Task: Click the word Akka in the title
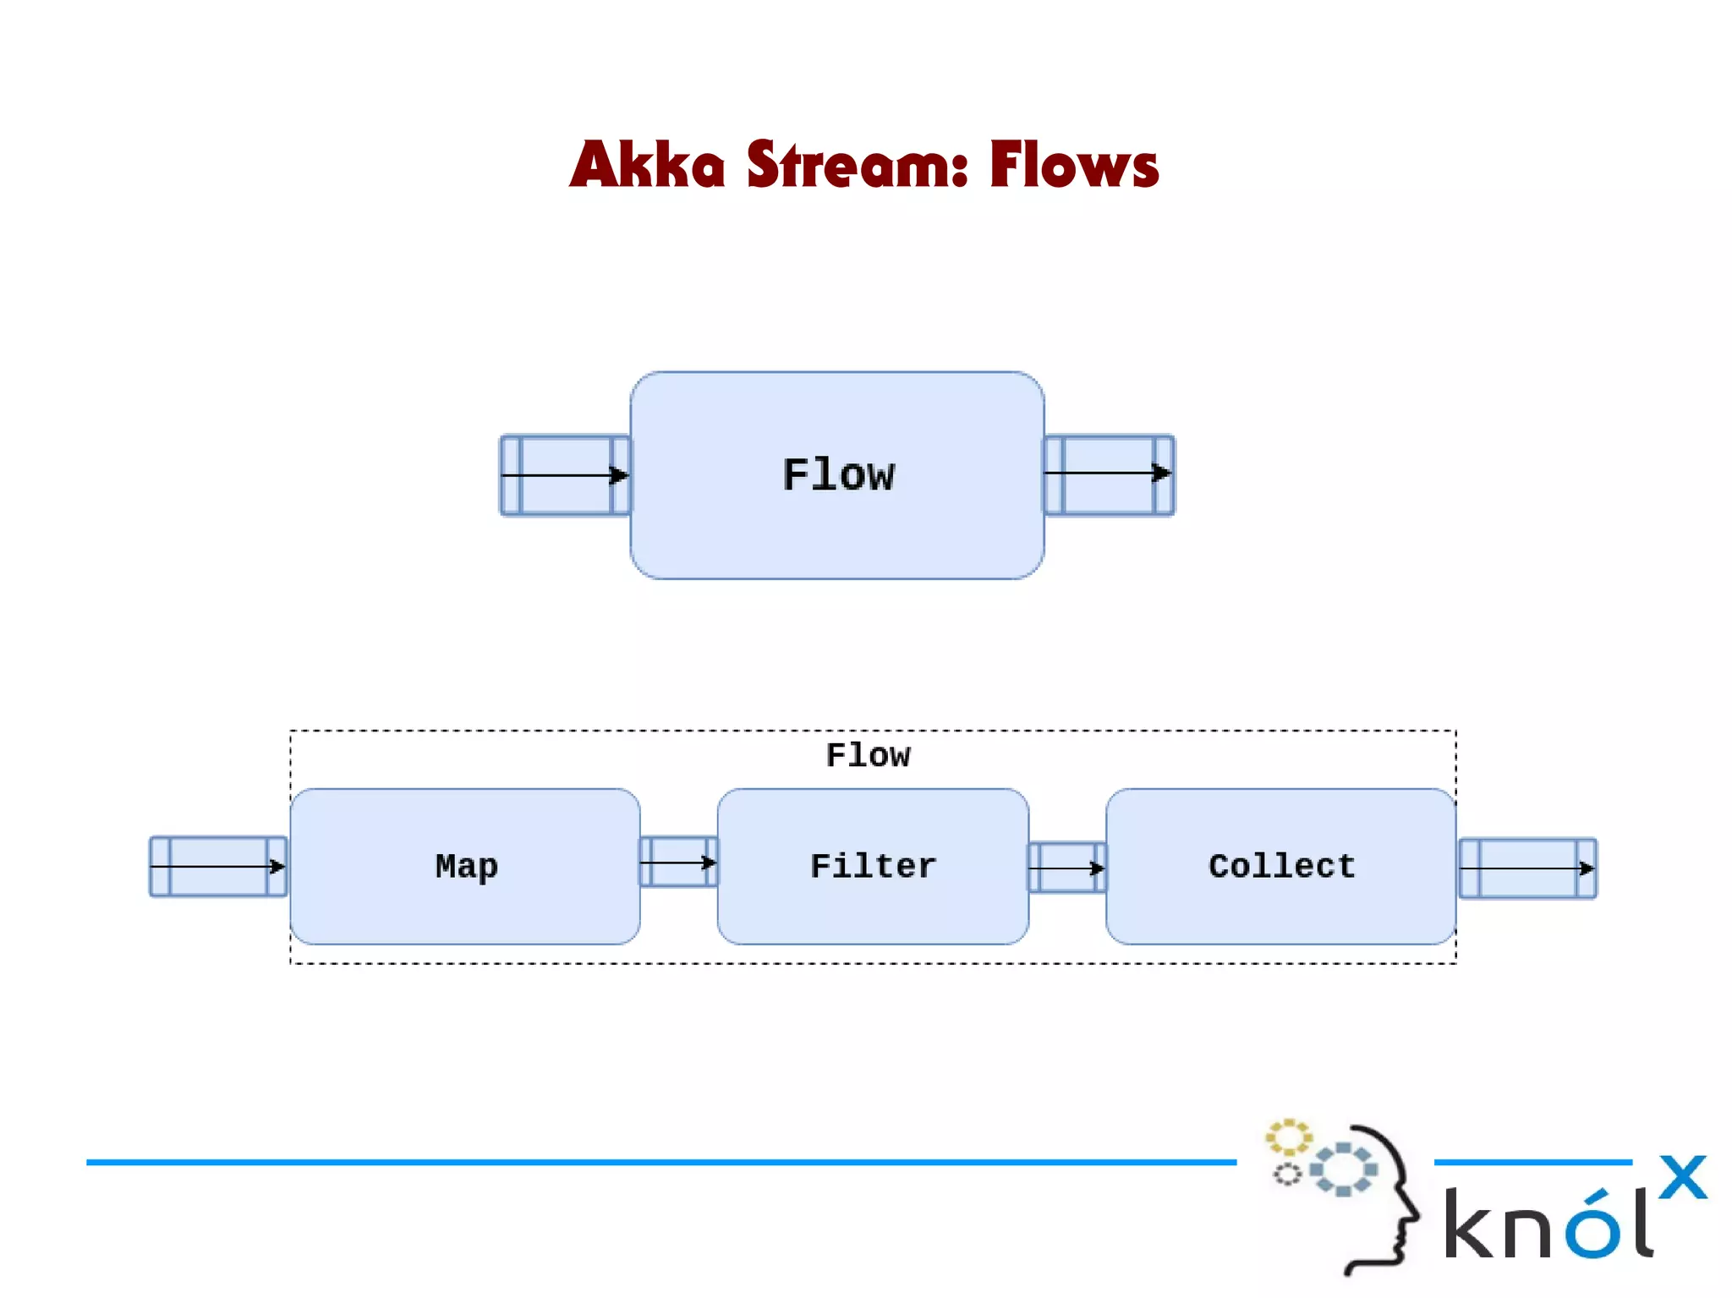point(647,164)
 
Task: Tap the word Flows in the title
point(1074,164)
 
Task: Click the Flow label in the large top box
point(837,475)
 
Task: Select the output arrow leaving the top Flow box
point(1108,474)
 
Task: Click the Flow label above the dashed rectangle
point(868,755)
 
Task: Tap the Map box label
point(466,867)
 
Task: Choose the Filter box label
point(873,867)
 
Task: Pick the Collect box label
point(1281,867)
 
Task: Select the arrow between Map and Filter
point(678,863)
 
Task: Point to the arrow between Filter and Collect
point(1066,868)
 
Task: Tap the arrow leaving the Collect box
point(1526,868)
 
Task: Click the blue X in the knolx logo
point(1682,1177)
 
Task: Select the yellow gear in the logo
point(1288,1137)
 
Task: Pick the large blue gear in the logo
point(1344,1169)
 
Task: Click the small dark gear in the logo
point(1287,1175)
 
